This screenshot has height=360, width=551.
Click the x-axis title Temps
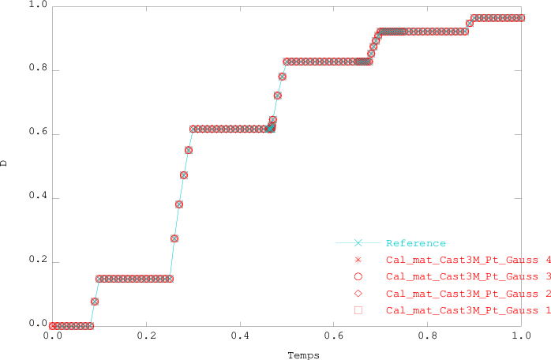click(303, 355)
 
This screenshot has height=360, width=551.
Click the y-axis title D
click(6, 164)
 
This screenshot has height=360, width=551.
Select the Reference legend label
click(416, 243)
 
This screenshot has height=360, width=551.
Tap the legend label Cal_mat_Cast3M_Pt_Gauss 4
click(467, 260)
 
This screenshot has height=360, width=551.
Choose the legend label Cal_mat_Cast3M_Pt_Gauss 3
click(467, 277)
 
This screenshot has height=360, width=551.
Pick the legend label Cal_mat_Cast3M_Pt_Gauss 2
click(467, 294)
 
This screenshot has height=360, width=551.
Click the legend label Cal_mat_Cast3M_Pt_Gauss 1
click(467, 311)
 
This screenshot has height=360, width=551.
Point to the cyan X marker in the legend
click(358, 243)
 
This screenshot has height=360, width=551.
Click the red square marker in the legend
click(358, 311)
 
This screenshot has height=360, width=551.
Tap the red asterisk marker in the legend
click(358, 260)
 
